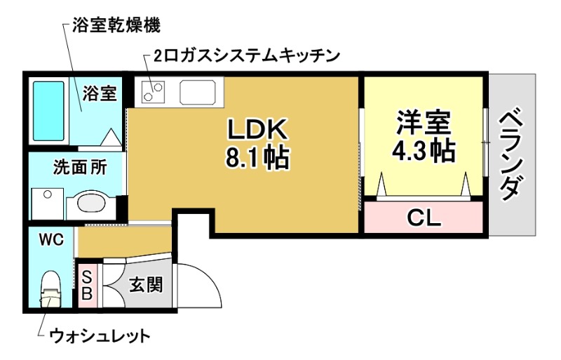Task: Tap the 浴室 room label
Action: [x=100, y=94]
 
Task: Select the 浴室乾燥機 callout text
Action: [x=116, y=27]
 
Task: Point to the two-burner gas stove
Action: [x=154, y=92]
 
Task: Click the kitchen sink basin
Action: [x=200, y=92]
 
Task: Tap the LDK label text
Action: [x=257, y=130]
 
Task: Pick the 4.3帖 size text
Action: [x=422, y=150]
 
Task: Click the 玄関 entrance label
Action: [x=146, y=285]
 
